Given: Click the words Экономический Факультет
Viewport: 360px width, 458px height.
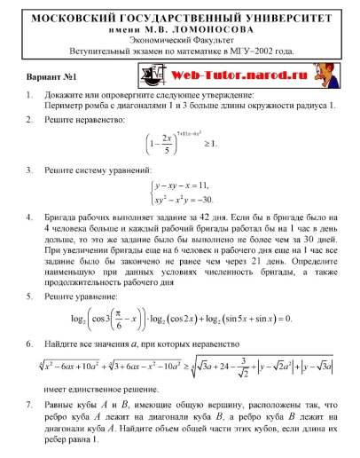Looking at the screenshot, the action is click(x=179, y=40).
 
